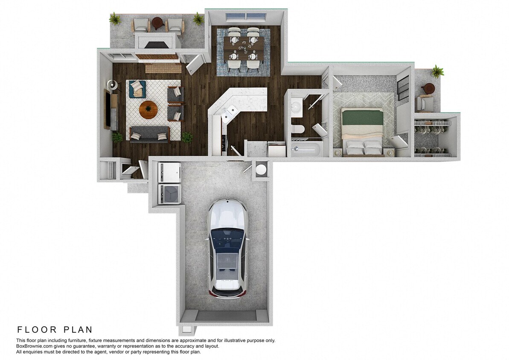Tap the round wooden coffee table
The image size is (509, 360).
click(x=148, y=110)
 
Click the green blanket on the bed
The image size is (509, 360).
click(x=362, y=118)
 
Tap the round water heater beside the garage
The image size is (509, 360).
click(x=260, y=170)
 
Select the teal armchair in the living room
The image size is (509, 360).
click(x=137, y=89)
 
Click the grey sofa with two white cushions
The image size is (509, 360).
click(x=149, y=135)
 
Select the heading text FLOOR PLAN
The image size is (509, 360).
click(x=55, y=330)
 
